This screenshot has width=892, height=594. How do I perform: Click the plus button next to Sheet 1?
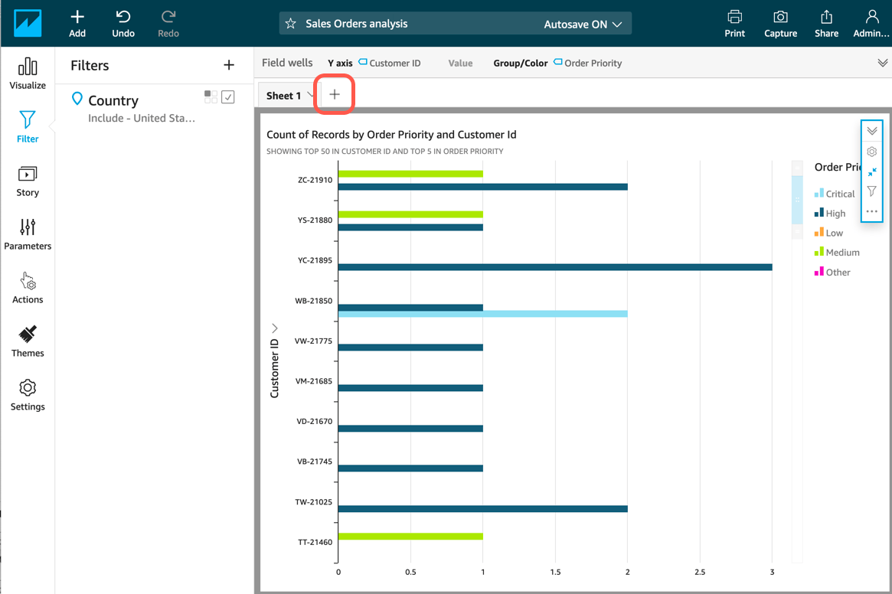[x=335, y=95]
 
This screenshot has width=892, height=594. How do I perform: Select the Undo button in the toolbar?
[x=123, y=23]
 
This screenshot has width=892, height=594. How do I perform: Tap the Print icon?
[x=734, y=23]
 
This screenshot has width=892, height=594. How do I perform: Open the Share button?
[x=826, y=23]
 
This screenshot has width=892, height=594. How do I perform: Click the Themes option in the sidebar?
[x=28, y=341]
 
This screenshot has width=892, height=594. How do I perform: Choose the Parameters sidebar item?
[x=28, y=234]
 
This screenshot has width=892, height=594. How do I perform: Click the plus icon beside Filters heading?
[x=229, y=66]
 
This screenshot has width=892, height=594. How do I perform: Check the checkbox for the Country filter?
[x=228, y=97]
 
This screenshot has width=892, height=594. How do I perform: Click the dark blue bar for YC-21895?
[x=554, y=267]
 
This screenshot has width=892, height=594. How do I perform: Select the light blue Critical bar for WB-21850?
[x=482, y=314]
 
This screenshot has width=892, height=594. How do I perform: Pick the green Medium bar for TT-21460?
[x=410, y=537]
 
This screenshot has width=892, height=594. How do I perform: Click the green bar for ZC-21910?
[x=410, y=174]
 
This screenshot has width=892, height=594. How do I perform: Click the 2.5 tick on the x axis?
[x=699, y=572]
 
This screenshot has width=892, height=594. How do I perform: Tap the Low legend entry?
[x=834, y=233]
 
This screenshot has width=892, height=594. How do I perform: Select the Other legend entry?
[x=838, y=273]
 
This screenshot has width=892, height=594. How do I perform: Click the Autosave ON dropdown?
[x=583, y=24]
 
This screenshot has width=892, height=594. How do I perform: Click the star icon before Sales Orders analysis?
[x=291, y=24]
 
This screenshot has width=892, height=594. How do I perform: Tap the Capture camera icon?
[x=780, y=23]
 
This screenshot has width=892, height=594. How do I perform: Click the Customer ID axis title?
[x=275, y=367]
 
